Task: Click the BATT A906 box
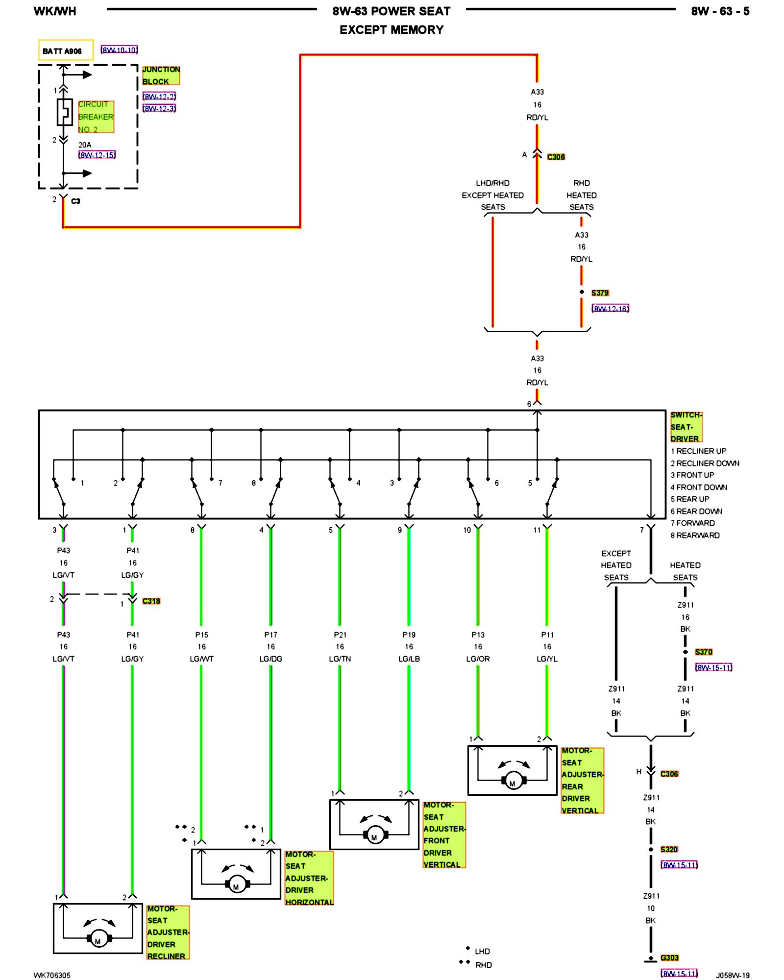tap(66, 50)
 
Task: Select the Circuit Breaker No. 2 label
tap(96, 117)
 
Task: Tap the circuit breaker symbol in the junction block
tap(64, 112)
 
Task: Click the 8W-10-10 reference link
tap(119, 50)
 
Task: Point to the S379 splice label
tap(600, 293)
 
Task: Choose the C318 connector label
tap(151, 601)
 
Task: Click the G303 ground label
tap(669, 957)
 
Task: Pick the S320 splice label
tap(669, 849)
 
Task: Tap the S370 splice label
tap(704, 652)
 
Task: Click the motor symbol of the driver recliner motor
tap(98, 938)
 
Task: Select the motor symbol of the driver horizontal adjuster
tap(237, 883)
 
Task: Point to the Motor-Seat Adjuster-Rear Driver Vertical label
tap(583, 781)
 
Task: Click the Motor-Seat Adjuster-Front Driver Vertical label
tap(444, 835)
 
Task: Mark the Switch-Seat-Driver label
tap(686, 427)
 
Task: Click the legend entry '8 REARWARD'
tap(695, 535)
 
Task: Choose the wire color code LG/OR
tap(478, 659)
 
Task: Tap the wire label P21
tap(340, 635)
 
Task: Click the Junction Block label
tap(161, 75)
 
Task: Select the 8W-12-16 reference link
tap(611, 308)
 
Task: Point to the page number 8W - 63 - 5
tap(720, 11)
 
